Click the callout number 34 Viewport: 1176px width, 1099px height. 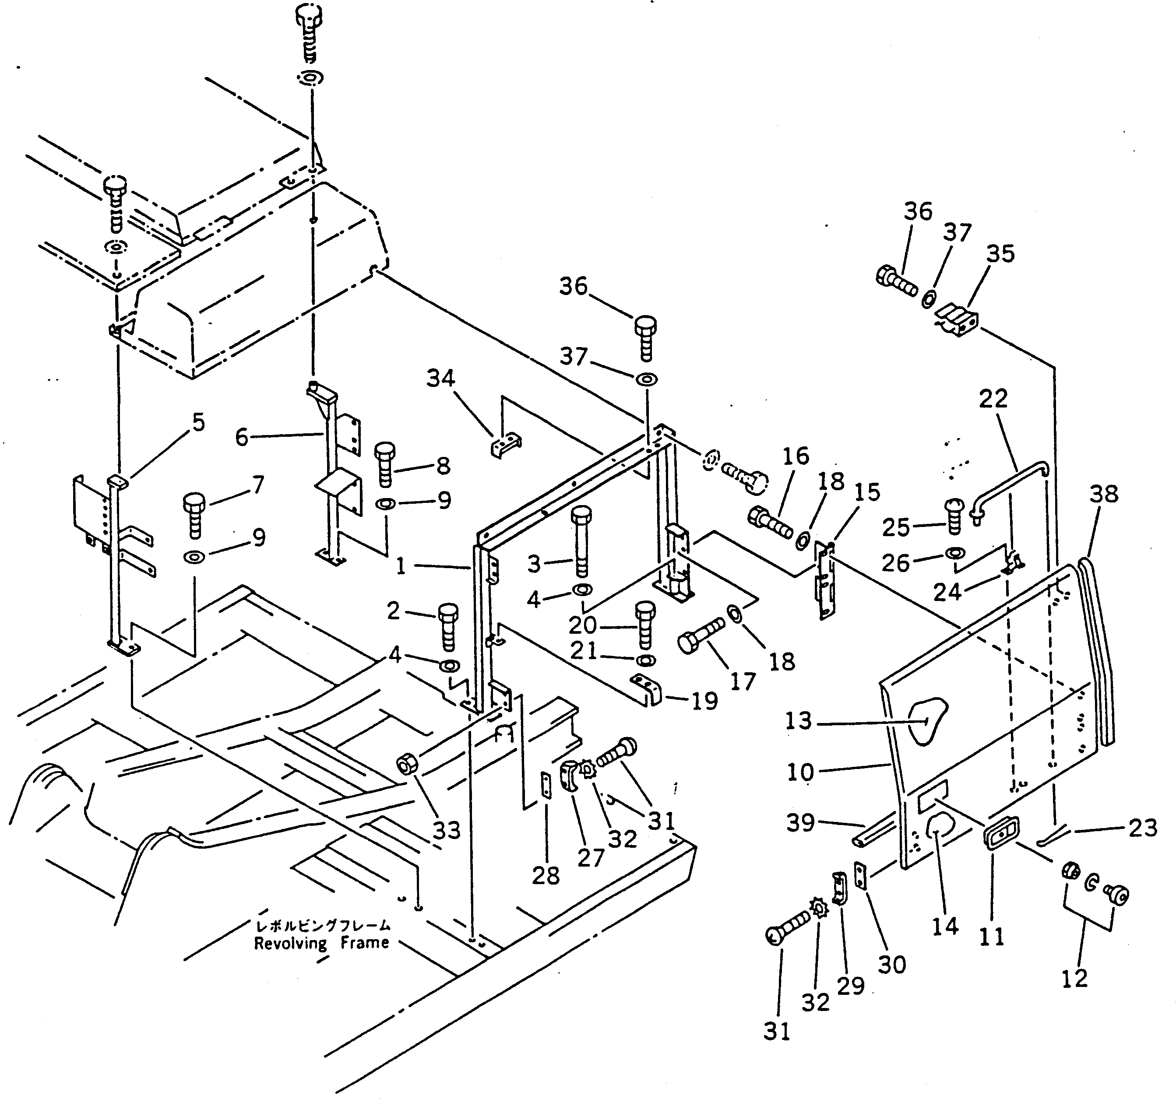tap(441, 379)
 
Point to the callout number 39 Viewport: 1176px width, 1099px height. tap(800, 823)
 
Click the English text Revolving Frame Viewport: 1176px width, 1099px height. tap(321, 943)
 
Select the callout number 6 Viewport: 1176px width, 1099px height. tap(241, 438)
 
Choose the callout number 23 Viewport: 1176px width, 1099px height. tap(1142, 828)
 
